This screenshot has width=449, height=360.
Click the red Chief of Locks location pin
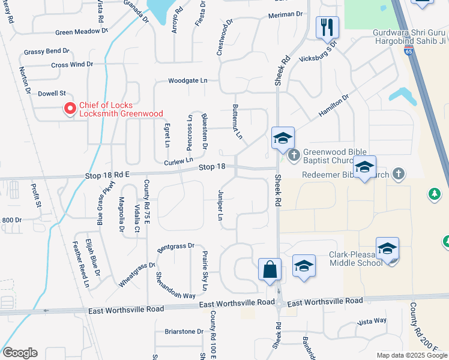[x=70, y=109]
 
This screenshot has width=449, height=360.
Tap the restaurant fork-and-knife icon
[x=327, y=27]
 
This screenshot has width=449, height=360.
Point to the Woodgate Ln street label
[x=187, y=80]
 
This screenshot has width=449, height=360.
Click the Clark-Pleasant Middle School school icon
[x=388, y=248]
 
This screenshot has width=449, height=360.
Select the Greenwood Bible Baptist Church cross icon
[x=294, y=155]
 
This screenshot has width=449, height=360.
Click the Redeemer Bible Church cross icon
[x=398, y=174]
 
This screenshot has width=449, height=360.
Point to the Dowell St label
[x=52, y=94]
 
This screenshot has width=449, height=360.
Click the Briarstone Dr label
[x=184, y=331]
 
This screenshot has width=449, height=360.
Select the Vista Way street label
[x=372, y=321]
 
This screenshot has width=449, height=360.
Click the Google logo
[x=20, y=353]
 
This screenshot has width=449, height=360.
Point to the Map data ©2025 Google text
[x=411, y=355]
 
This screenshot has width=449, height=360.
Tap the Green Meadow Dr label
[x=81, y=31]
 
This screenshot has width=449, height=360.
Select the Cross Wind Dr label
[x=72, y=65]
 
